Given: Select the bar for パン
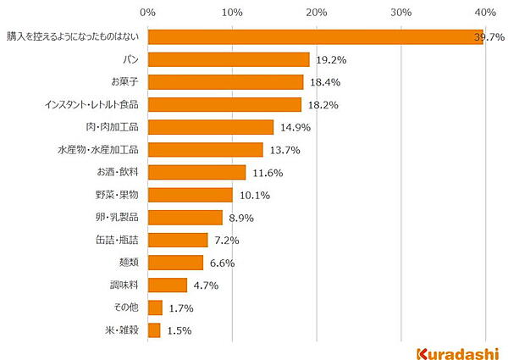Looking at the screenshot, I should coord(229,59).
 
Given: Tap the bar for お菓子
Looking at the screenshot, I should coord(225,82).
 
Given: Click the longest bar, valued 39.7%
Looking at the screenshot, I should coord(315,37).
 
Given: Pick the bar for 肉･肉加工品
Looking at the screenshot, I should coord(211,127).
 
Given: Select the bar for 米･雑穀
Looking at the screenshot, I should coord(154,330).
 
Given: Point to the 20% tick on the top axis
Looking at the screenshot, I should coord(317,13).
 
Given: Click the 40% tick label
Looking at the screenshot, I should coord(485,13).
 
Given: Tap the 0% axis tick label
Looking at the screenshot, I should coord(147,13).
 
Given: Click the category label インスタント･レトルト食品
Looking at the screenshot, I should coord(91,104).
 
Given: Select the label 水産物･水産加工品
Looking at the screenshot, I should coord(98,150).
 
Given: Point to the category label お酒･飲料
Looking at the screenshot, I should coord(118,172).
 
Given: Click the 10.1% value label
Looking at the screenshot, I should coord(252,196).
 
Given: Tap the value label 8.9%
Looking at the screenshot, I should coord(242,218).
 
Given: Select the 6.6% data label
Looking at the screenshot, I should coord(223,263).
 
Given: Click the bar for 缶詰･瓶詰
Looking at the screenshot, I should coord(178,240).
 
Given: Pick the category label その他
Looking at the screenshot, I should coord(125,307).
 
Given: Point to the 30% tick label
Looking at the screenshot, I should coord(400,13).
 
